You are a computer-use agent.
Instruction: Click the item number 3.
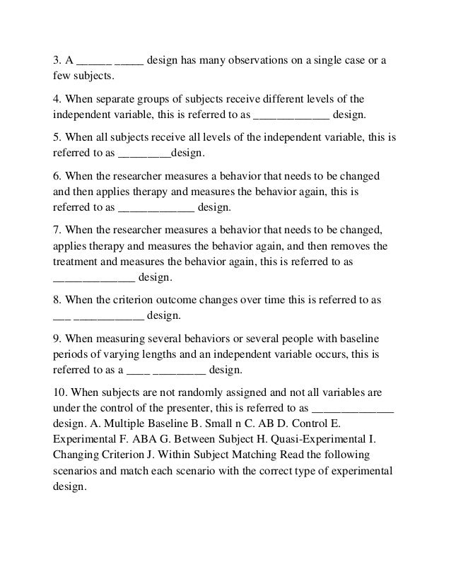(x=57, y=60)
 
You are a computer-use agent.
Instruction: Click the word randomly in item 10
(x=187, y=391)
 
